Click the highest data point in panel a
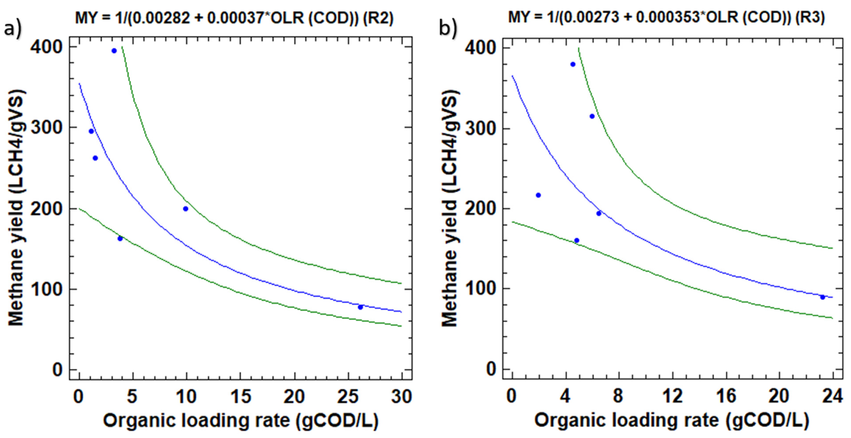[114, 51]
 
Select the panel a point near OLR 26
[360, 307]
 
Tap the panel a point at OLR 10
[185, 209]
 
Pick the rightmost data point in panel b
[823, 297]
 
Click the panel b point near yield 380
[573, 64]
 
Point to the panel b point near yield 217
[538, 195]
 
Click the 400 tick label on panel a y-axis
[46, 47]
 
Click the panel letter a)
[13, 29]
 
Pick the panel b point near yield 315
[592, 116]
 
